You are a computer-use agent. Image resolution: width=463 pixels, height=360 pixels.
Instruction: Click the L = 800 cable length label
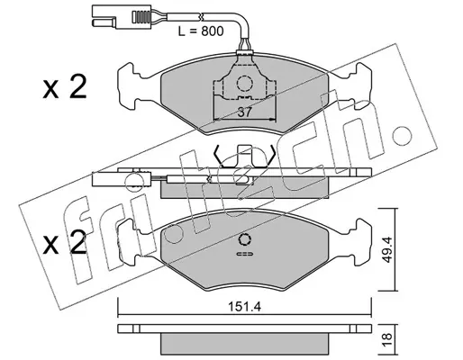201,31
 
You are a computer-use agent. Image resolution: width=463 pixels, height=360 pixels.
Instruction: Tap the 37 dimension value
244,112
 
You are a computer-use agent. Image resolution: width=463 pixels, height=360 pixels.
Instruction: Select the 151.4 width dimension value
244,307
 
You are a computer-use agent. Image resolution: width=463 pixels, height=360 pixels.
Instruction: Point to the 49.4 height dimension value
387,249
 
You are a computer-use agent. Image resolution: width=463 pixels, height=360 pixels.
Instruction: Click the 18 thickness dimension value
387,336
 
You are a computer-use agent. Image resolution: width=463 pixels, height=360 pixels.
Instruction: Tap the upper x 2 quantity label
65,86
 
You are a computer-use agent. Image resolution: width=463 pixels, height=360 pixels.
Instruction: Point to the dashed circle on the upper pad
244,83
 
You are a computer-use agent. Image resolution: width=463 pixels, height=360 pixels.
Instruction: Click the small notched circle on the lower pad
244,239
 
